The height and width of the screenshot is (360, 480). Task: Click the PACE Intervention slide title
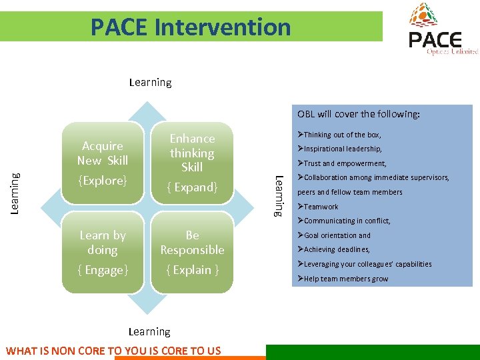click(x=191, y=27)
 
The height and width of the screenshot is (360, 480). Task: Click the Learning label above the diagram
click(x=150, y=83)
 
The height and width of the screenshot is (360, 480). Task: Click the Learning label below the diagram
click(x=149, y=331)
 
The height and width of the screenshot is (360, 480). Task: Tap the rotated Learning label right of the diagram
click(x=280, y=195)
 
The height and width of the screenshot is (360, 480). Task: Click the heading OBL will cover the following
click(x=359, y=114)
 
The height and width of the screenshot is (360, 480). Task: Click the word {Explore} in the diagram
click(x=102, y=181)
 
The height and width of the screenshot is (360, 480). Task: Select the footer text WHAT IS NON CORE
click(x=113, y=351)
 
